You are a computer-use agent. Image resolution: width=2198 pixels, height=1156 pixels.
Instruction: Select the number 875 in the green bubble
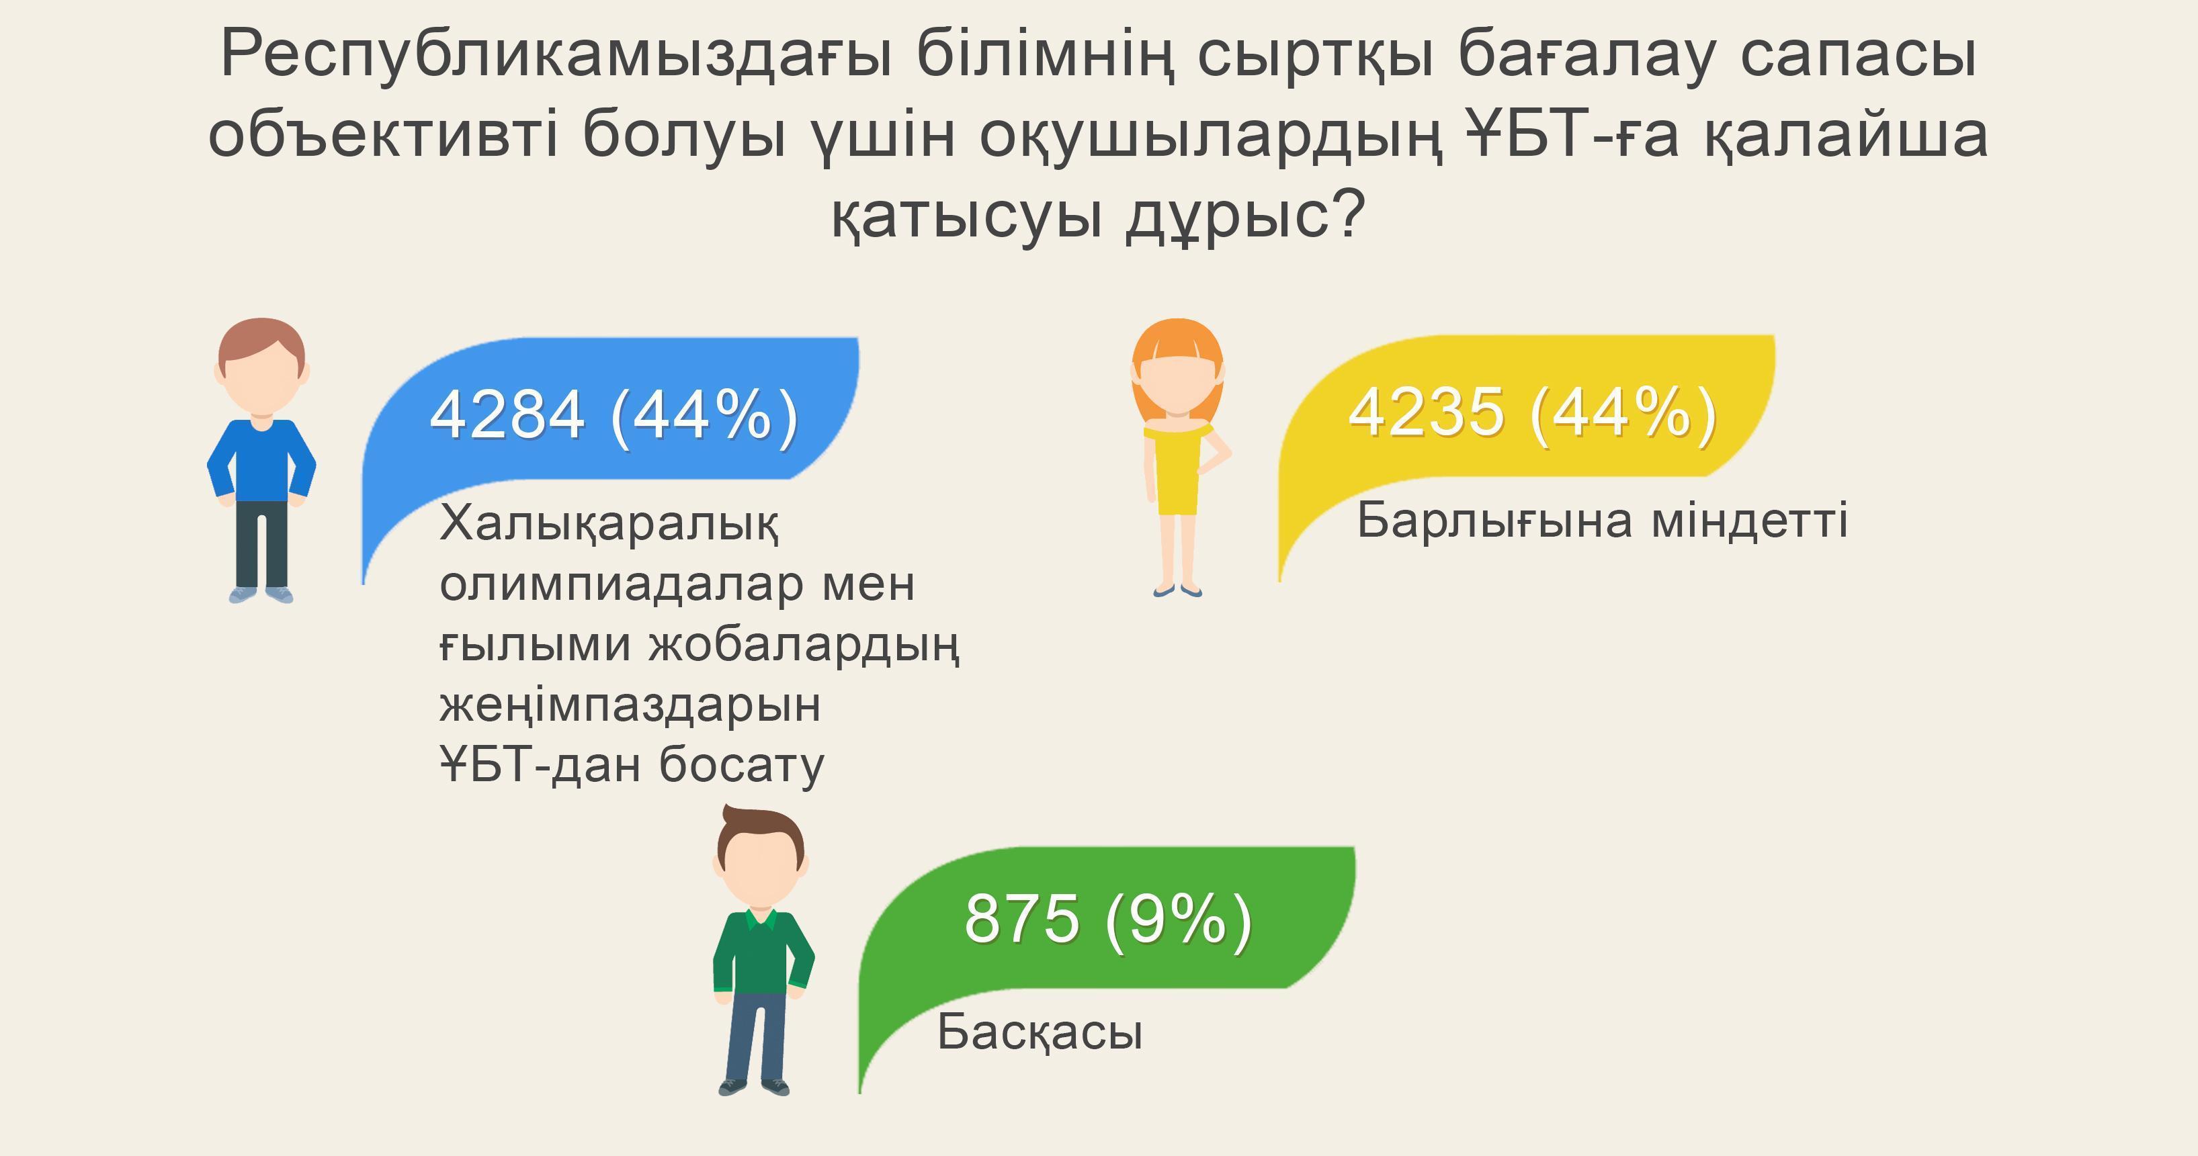pos(1021,920)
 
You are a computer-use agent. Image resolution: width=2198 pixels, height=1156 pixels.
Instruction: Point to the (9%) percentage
pos(1179,920)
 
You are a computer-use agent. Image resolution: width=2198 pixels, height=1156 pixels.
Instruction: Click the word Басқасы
pos(1040,1032)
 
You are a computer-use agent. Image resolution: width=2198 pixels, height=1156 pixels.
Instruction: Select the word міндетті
pos(1749,521)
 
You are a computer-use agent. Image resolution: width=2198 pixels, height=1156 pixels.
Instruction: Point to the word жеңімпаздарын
pos(630,705)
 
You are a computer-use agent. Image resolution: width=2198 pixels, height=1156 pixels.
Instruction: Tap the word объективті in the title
pos(382,135)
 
